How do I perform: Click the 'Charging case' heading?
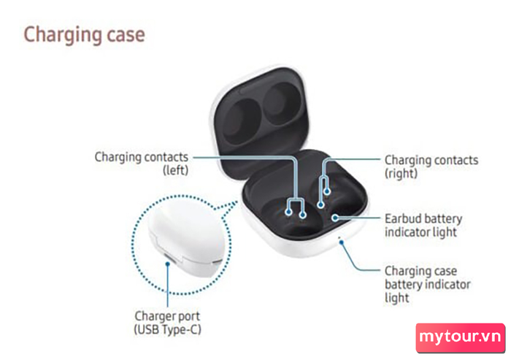[85, 35]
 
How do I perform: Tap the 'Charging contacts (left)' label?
[142, 164]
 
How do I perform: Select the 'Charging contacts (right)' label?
[431, 166]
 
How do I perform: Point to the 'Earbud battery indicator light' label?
[423, 226]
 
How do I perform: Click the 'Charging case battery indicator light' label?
[427, 284]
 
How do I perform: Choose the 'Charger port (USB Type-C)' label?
[167, 323]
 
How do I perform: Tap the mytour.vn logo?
[460, 338]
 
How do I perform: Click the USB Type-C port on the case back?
[169, 258]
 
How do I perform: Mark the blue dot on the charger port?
[167, 264]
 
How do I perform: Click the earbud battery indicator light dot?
[335, 218]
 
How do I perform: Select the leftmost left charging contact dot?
[288, 212]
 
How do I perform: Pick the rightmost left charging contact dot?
[303, 215]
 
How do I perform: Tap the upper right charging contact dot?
[327, 191]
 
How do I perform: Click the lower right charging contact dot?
[320, 204]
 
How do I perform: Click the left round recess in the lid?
[242, 121]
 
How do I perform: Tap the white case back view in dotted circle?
[186, 239]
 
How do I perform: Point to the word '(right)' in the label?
[401, 174]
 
